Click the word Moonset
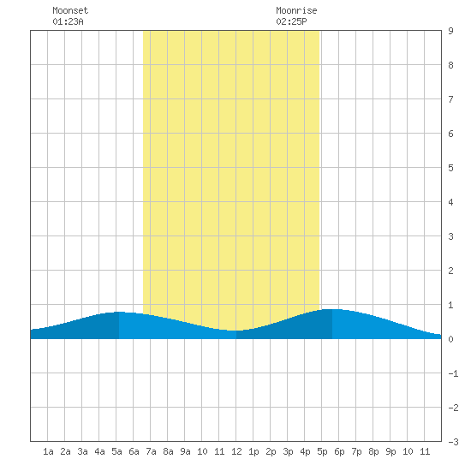70,10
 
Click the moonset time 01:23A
68,21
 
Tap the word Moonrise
296,10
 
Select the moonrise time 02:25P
291,21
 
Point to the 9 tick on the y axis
450,31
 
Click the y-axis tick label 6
450,134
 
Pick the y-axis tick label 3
450,236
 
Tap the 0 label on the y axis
450,339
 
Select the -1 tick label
453,373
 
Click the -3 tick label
453,442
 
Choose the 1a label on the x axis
48,451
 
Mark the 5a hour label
116,451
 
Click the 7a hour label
151,451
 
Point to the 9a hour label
185,451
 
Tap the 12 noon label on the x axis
236,451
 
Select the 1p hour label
253,451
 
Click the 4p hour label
305,451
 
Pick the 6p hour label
339,451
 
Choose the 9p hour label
391,451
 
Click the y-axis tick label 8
450,65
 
